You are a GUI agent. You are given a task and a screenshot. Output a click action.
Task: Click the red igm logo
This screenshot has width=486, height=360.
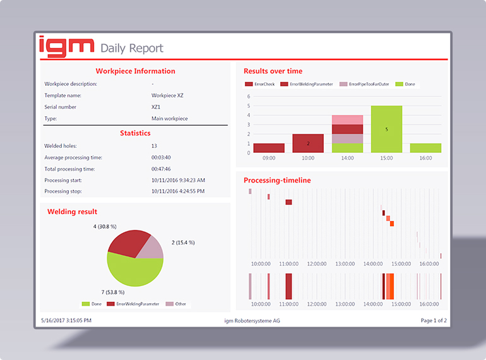pyautogui.click(x=66, y=45)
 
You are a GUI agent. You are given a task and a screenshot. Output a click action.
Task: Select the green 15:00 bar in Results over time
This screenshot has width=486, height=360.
pyautogui.click(x=386, y=129)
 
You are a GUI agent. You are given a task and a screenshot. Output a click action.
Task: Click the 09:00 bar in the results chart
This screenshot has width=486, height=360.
pyautogui.click(x=269, y=148)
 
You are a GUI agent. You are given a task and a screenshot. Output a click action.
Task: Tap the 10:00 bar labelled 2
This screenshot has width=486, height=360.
pyautogui.click(x=308, y=143)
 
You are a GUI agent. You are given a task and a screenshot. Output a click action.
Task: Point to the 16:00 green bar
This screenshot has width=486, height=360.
pyautogui.click(x=425, y=148)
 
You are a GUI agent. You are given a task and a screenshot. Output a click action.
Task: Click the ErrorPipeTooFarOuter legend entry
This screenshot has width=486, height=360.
pyautogui.click(x=365, y=84)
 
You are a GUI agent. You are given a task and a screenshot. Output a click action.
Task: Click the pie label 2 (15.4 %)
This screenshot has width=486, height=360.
pyautogui.click(x=183, y=243)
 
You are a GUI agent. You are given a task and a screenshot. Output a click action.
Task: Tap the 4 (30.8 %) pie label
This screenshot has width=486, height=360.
pyautogui.click(x=105, y=226)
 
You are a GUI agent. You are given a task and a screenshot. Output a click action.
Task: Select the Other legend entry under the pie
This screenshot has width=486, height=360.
pyautogui.click(x=179, y=304)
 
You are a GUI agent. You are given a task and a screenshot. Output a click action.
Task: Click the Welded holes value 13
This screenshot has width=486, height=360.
pyautogui.click(x=155, y=146)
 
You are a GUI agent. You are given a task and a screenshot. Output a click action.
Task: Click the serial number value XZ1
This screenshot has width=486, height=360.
pyautogui.click(x=156, y=107)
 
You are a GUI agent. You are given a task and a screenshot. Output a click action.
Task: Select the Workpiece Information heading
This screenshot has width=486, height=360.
pyautogui.click(x=135, y=71)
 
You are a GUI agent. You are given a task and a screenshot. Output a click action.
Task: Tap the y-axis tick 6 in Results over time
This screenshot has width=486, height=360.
pyautogui.click(x=249, y=97)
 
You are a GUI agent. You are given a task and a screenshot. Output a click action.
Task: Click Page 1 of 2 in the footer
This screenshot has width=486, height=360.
pyautogui.click(x=434, y=321)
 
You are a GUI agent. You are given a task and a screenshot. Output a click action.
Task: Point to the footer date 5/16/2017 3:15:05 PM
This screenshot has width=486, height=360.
pyautogui.click(x=66, y=321)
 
